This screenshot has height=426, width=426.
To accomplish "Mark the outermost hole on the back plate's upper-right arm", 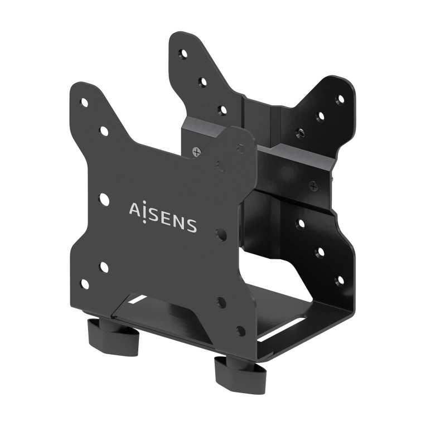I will coord(340,99).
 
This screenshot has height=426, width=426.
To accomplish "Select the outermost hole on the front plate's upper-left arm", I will coord(84,102).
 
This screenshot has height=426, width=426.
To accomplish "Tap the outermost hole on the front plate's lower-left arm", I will coord(85,284).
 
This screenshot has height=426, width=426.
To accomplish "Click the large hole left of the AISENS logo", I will coord(104,198).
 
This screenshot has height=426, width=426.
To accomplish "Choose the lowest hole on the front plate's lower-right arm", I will coord(241,330).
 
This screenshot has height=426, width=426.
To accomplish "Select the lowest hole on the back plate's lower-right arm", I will coord(340,279).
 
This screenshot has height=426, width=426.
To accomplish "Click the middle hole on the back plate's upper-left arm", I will coord(203,82).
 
